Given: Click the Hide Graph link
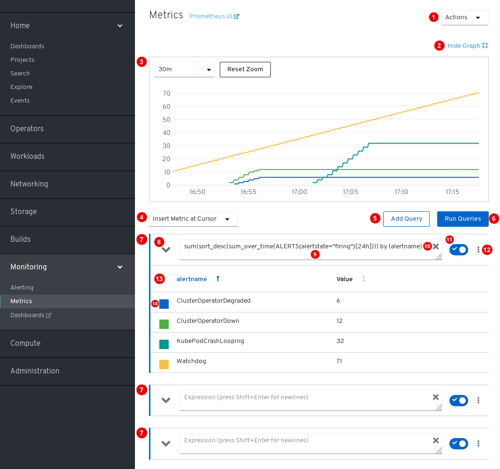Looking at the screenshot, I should coord(464,45).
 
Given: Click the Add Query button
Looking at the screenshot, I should coord(406,219).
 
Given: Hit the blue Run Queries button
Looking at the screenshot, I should coord(463,219).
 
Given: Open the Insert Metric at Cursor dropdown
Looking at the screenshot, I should coord(193,219).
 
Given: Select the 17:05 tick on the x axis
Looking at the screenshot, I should coord(351,192).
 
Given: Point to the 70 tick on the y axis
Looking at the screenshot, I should coord(166,93).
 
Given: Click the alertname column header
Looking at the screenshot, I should coord(192,279).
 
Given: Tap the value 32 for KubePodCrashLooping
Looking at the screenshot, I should coord(340,341).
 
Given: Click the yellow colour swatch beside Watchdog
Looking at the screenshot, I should coord(164,364).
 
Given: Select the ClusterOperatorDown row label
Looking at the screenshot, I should coord(208,321).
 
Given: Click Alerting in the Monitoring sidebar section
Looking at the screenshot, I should coord(22,288).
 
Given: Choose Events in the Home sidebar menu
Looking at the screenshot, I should coord(20,101).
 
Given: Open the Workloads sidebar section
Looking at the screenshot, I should coord(27,156).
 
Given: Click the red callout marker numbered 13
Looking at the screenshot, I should coord(159,279).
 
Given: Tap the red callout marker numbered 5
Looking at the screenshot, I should coord(375,218).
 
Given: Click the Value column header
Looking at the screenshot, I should coord(344,279).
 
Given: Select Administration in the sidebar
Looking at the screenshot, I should coord(35,371).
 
